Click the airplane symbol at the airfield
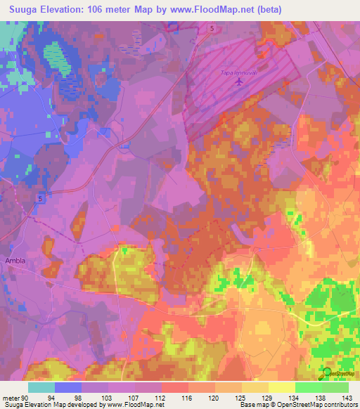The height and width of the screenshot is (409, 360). click(x=239, y=82)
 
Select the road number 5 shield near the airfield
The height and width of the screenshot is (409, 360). click(x=211, y=28)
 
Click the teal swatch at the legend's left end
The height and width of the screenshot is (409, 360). click(x=41, y=387)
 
